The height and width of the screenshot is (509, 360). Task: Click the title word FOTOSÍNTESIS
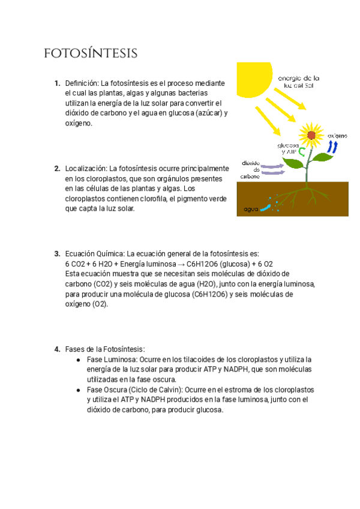click(91, 54)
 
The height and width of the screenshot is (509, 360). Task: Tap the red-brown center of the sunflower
click(311, 135)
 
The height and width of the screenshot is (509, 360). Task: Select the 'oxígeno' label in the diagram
click(337, 136)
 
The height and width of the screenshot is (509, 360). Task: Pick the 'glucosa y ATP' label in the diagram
click(287, 149)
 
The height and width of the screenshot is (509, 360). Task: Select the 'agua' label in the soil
click(251, 209)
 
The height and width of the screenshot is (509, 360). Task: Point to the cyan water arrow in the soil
click(269, 206)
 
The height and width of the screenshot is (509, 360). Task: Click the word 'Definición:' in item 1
click(82, 83)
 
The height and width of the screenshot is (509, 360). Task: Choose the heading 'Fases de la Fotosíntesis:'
click(105, 349)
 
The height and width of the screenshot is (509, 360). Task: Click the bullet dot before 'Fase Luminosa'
click(79, 360)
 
